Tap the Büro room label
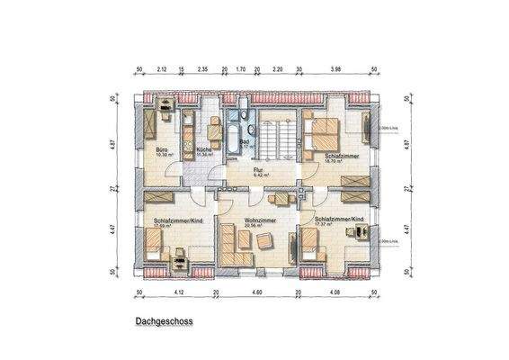[162, 149]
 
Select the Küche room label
[204, 149]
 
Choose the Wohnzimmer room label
[259, 220]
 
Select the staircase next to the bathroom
[274, 140]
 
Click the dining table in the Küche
[214, 124]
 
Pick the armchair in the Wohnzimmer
[264, 240]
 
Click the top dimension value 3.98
[337, 68]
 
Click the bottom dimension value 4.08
[335, 292]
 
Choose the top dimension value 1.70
[240, 68]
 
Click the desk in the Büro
[167, 114]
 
